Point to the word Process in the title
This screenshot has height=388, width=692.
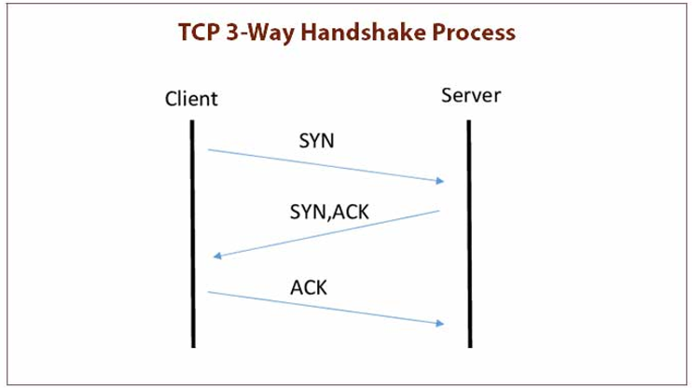[x=477, y=33]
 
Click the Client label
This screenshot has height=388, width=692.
[x=191, y=98]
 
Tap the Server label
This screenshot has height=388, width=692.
[x=468, y=96]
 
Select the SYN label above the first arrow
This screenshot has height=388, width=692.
[x=318, y=141]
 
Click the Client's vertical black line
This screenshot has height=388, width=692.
[x=192, y=233]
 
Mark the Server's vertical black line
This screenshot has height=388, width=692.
[x=468, y=233]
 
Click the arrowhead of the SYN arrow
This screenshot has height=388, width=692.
[x=440, y=182]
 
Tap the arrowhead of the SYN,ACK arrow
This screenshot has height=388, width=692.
[x=218, y=256]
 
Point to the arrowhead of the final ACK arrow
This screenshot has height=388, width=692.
[x=440, y=324]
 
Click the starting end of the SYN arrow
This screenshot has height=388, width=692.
[x=208, y=149]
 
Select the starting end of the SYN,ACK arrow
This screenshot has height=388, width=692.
[x=438, y=211]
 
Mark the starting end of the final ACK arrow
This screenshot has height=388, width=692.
[x=208, y=292]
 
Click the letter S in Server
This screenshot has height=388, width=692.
[x=446, y=96]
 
